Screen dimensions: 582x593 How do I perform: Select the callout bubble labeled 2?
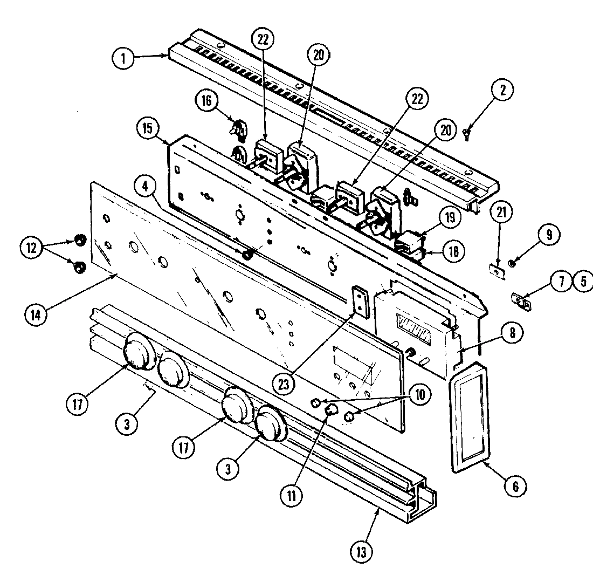(x=502, y=91)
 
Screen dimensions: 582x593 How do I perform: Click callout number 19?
(x=450, y=218)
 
